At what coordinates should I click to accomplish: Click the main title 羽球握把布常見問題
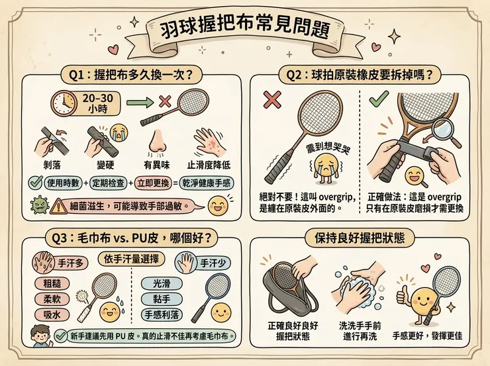point(244,33)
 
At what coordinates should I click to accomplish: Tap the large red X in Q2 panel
point(271,100)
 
